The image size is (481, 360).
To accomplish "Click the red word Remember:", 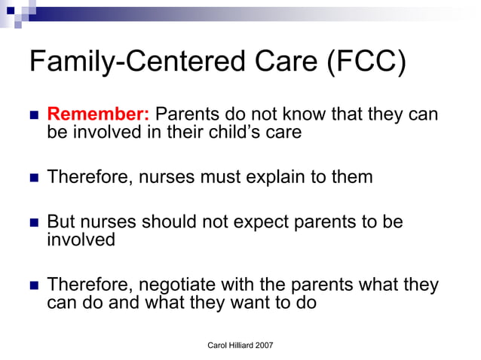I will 99,115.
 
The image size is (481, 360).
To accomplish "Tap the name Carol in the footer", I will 219,345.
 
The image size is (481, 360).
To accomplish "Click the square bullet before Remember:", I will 33,116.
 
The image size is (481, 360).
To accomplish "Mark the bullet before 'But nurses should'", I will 33,223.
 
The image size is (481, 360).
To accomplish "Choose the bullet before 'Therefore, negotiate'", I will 33,286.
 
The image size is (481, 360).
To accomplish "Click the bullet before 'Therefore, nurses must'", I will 33,178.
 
